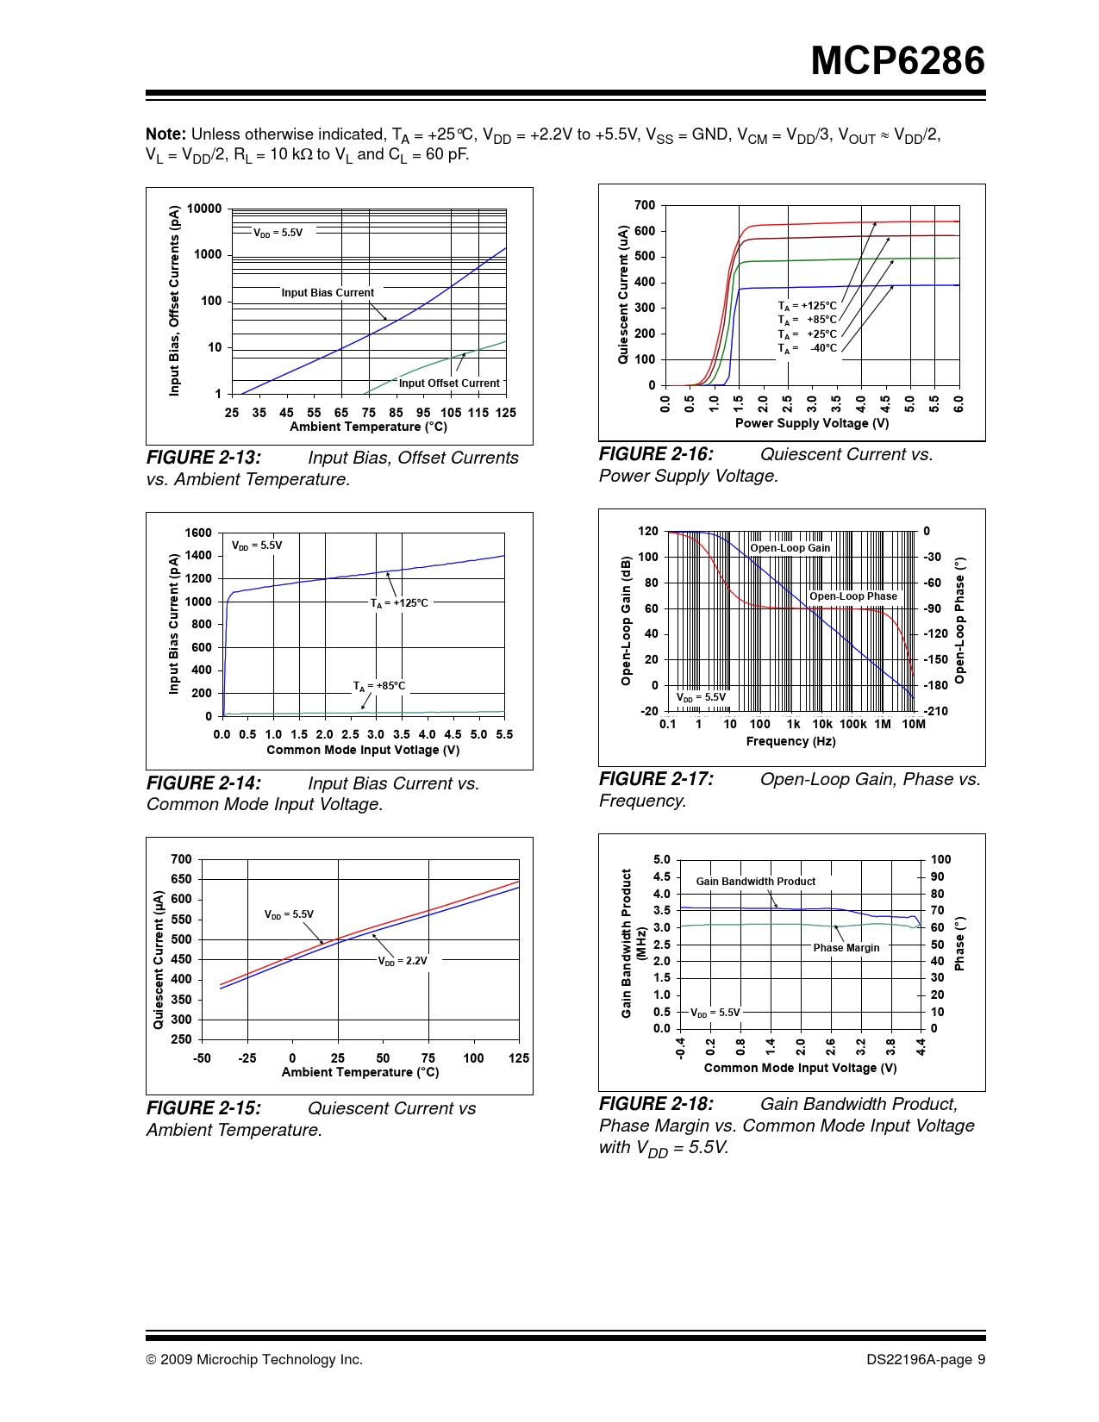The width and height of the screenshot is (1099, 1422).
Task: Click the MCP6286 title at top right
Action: coord(897,61)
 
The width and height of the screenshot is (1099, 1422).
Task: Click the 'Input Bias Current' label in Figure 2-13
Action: coord(328,293)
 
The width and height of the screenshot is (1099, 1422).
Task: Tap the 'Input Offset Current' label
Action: coord(448,384)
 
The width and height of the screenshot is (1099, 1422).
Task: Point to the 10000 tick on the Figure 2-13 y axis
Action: coord(204,209)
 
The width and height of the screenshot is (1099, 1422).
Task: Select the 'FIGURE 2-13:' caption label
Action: coord(203,458)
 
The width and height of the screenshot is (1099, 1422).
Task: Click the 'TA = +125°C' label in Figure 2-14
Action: coord(399,603)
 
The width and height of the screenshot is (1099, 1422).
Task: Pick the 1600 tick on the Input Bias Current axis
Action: coord(198,533)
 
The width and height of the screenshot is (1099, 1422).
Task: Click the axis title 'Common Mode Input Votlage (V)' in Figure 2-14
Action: coord(363,750)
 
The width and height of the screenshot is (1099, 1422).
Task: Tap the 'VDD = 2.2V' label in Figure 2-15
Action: coord(403,960)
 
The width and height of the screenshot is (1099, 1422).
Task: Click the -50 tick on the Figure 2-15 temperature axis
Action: coord(202,1058)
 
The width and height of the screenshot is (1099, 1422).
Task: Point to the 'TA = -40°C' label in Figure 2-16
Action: coord(808,348)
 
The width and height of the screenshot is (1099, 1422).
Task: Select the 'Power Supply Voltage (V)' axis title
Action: coord(812,423)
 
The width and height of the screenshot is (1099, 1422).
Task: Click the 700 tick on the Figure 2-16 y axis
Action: coord(645,205)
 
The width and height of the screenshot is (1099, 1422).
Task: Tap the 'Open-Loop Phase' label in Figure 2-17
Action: coord(852,596)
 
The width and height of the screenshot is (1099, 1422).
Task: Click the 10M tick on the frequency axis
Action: coord(913,724)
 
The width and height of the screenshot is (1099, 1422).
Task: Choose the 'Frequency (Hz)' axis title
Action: coord(790,741)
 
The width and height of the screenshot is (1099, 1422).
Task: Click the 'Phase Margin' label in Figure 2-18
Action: coord(846,948)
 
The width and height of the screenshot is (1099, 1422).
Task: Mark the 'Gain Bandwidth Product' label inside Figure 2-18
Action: coord(755,882)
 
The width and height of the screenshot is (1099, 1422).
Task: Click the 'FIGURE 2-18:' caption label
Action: coord(656,1104)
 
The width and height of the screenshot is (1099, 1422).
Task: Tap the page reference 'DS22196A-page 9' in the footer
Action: coord(925,1359)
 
